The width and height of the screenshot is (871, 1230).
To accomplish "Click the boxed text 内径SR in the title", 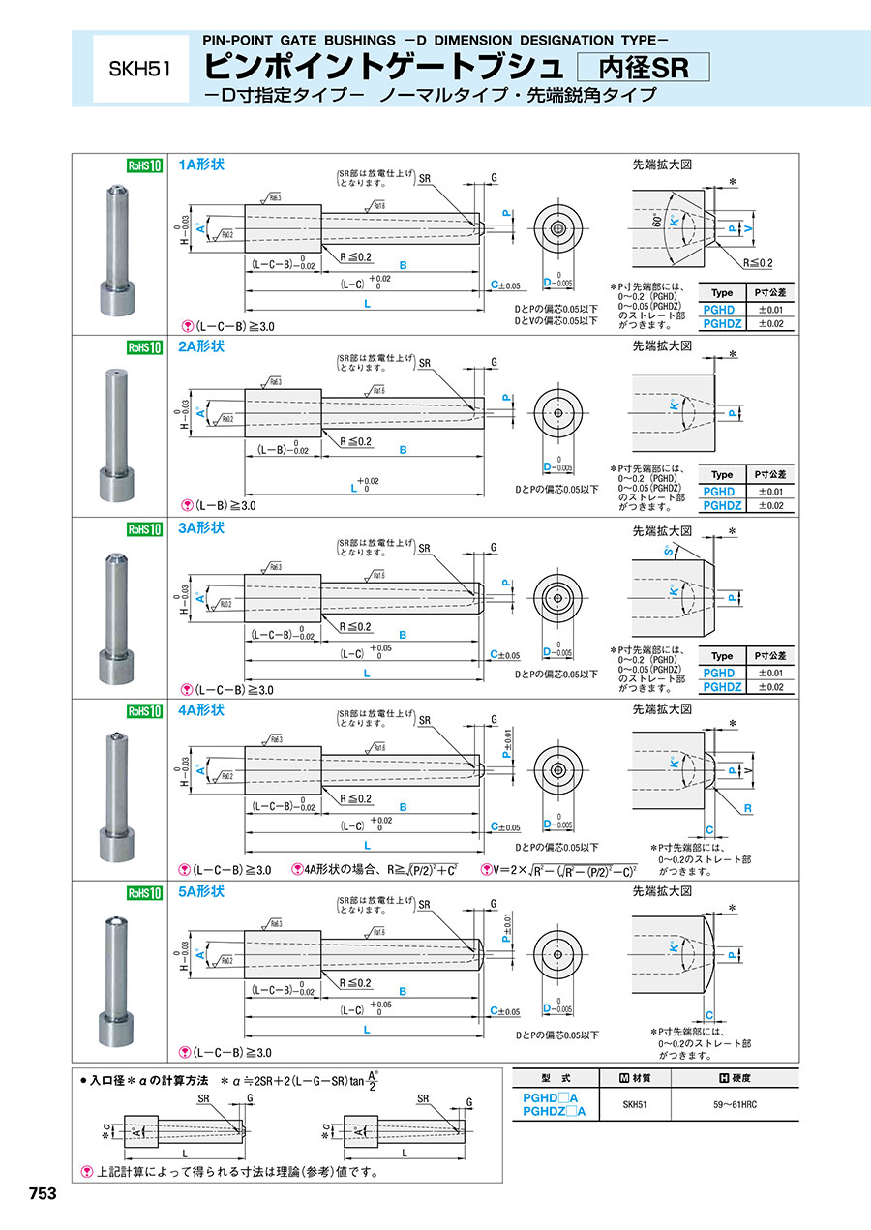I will click(643, 67).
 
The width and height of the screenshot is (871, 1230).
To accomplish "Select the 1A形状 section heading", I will click(201, 165).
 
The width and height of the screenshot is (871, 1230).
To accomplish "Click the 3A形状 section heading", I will click(201, 528).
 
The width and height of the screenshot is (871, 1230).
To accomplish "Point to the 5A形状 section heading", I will click(201, 891).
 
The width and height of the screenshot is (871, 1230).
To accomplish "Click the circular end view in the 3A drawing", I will click(558, 596).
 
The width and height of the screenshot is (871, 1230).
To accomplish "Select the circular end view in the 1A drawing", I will click(558, 230).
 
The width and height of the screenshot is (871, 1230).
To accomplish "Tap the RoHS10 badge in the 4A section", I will click(142, 710).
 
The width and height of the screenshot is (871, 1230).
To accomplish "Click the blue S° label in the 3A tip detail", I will click(669, 552).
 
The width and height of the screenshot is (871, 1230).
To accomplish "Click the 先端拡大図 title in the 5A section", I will click(663, 891).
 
